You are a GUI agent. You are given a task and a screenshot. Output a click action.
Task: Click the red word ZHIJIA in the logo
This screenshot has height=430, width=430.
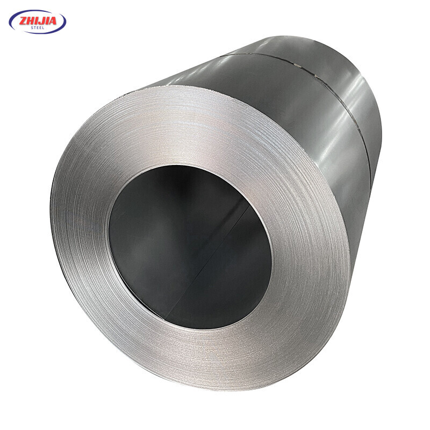pos(38,20)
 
